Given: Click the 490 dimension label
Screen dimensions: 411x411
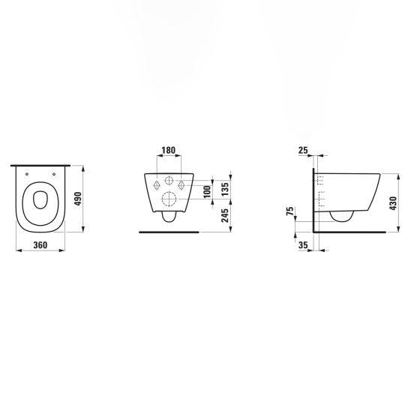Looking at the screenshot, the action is [x=79, y=199].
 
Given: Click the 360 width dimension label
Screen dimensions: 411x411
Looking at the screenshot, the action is [x=40, y=245].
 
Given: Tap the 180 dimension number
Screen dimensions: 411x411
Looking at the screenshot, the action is [x=168, y=151].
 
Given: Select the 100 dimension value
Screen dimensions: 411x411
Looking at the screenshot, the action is [x=207, y=191].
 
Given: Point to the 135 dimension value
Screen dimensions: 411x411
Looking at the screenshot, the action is [x=225, y=189].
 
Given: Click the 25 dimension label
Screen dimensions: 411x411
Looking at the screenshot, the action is [x=303, y=151].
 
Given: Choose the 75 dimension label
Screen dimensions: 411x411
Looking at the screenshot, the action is [x=290, y=211].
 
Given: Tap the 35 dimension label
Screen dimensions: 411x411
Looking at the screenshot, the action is [x=303, y=245].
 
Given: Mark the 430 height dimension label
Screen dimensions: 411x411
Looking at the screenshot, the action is [x=393, y=203].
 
